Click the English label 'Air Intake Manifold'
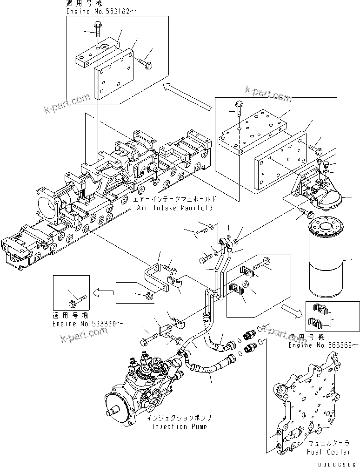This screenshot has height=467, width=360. coord(174,208)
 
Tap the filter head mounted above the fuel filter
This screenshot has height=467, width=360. coord(315,191)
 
